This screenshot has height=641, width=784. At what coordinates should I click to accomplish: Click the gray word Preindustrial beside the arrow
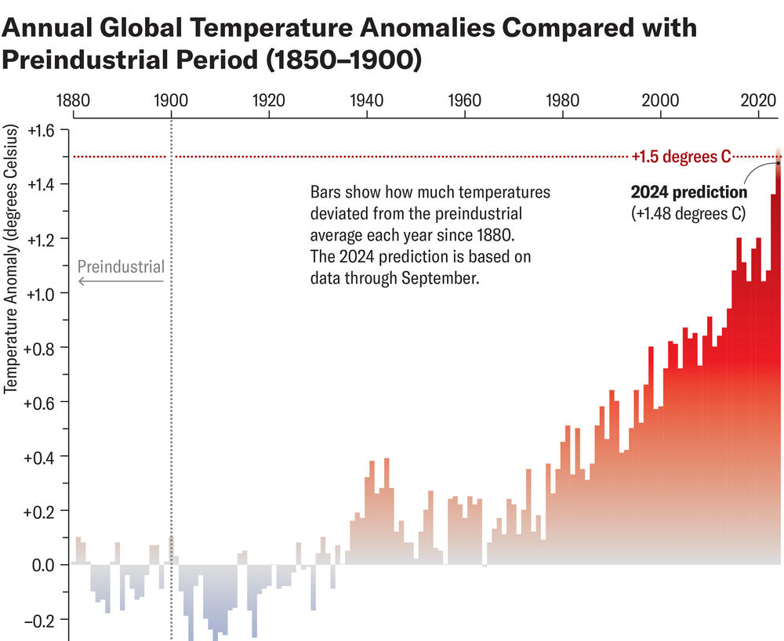coord(121,266)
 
